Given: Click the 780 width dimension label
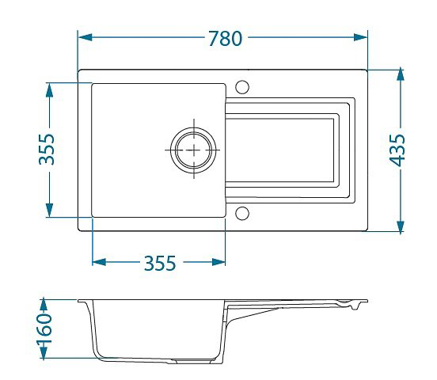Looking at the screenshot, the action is [x=226, y=38].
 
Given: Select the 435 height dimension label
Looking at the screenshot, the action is [x=397, y=150].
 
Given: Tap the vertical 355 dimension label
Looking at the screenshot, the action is [x=47, y=149].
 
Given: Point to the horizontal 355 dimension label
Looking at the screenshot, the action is [x=160, y=263].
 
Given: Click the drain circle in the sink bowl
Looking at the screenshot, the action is [x=193, y=150].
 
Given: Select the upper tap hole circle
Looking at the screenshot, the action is [x=242, y=87].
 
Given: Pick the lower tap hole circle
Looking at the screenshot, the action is [x=242, y=213].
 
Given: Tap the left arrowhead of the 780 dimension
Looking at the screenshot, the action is [x=85, y=37].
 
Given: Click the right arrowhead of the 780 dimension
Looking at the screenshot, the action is [x=360, y=37].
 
